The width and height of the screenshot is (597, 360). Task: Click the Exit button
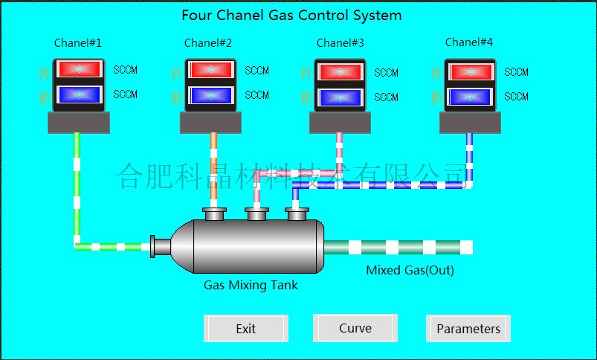click(x=245, y=329)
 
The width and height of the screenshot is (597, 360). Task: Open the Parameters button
click(x=468, y=329)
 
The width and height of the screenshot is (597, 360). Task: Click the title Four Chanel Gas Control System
click(x=291, y=15)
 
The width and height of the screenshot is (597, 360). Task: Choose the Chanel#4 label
click(x=469, y=42)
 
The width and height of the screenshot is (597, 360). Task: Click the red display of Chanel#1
click(x=79, y=69)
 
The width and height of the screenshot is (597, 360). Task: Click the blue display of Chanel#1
click(x=79, y=94)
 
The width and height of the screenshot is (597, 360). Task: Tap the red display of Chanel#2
click(x=210, y=70)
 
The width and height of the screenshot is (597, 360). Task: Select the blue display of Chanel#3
click(x=341, y=97)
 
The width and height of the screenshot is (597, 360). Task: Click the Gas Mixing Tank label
click(x=251, y=285)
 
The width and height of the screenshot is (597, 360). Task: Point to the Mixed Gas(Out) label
click(x=410, y=270)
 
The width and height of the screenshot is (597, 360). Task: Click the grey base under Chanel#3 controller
click(x=340, y=123)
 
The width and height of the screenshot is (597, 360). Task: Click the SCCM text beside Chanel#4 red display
click(x=516, y=72)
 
